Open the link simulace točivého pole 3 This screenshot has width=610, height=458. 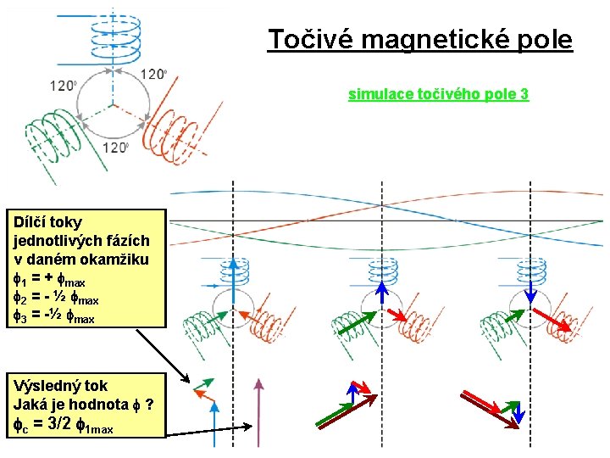pyautogui.click(x=438, y=94)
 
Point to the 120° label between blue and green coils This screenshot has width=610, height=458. pyautogui.click(x=64, y=86)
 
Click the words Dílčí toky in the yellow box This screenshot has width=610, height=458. pyautogui.click(x=47, y=221)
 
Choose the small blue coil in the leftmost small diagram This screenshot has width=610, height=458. pyautogui.click(x=233, y=271)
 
